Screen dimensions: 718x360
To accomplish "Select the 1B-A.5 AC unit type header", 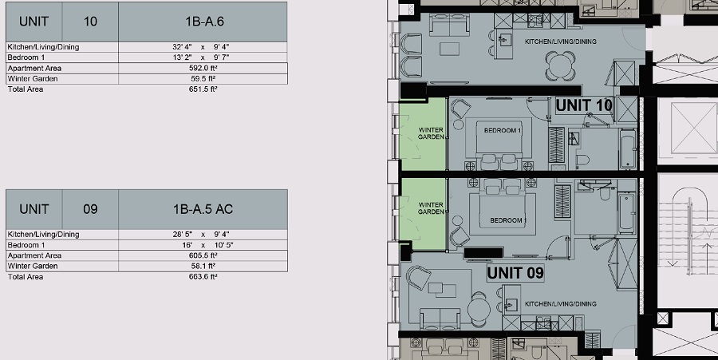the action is pyautogui.click(x=203, y=209).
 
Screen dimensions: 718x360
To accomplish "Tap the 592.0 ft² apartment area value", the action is pyautogui.click(x=203, y=68).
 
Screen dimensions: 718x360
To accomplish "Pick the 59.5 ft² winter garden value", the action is pyautogui.click(x=203, y=79).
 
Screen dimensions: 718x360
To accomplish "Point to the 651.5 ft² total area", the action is pyautogui.click(x=203, y=89).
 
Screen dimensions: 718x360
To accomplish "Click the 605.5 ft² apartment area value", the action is pyautogui.click(x=203, y=255).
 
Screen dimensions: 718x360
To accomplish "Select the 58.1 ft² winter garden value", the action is pyautogui.click(x=203, y=266).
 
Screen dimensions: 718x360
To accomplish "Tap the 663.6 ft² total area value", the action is pyautogui.click(x=203, y=277).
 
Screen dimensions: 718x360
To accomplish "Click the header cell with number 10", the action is pyautogui.click(x=90, y=22).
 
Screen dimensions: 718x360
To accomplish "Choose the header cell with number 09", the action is pyautogui.click(x=90, y=209).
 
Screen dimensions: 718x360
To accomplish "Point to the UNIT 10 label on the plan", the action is pyautogui.click(x=584, y=105).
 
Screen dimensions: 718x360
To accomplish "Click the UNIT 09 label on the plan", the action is pyautogui.click(x=515, y=273).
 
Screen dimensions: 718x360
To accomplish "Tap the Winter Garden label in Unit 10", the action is pyautogui.click(x=431, y=133).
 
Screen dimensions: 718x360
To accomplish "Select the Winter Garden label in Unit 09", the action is pyautogui.click(x=431, y=208).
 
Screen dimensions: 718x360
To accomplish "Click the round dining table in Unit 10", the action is pyautogui.click(x=561, y=65).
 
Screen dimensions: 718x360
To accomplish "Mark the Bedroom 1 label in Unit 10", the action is pyautogui.click(x=503, y=131).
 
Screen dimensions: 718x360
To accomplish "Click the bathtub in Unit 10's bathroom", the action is pyautogui.click(x=627, y=148).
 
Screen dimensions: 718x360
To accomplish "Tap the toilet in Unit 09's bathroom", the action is pyautogui.click(x=605, y=194).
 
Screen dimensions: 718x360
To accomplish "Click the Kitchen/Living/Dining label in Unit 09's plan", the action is pyautogui.click(x=561, y=303).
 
